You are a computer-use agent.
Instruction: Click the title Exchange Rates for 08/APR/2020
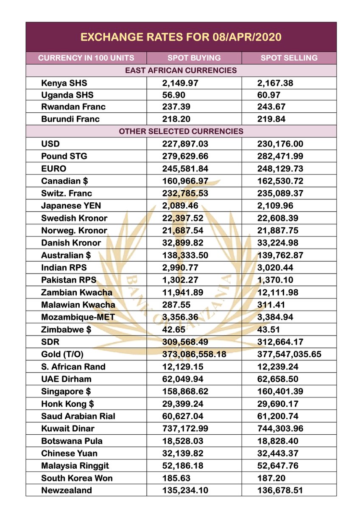coord(181,37)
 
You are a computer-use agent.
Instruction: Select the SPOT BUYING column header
coord(194,58)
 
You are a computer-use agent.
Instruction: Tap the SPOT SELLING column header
coord(289,58)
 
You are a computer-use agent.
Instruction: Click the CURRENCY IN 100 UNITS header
coord(86,58)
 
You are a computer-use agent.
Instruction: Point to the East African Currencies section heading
coord(181,70)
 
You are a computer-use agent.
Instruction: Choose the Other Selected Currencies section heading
coord(181,131)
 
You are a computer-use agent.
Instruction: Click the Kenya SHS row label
coord(64,83)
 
